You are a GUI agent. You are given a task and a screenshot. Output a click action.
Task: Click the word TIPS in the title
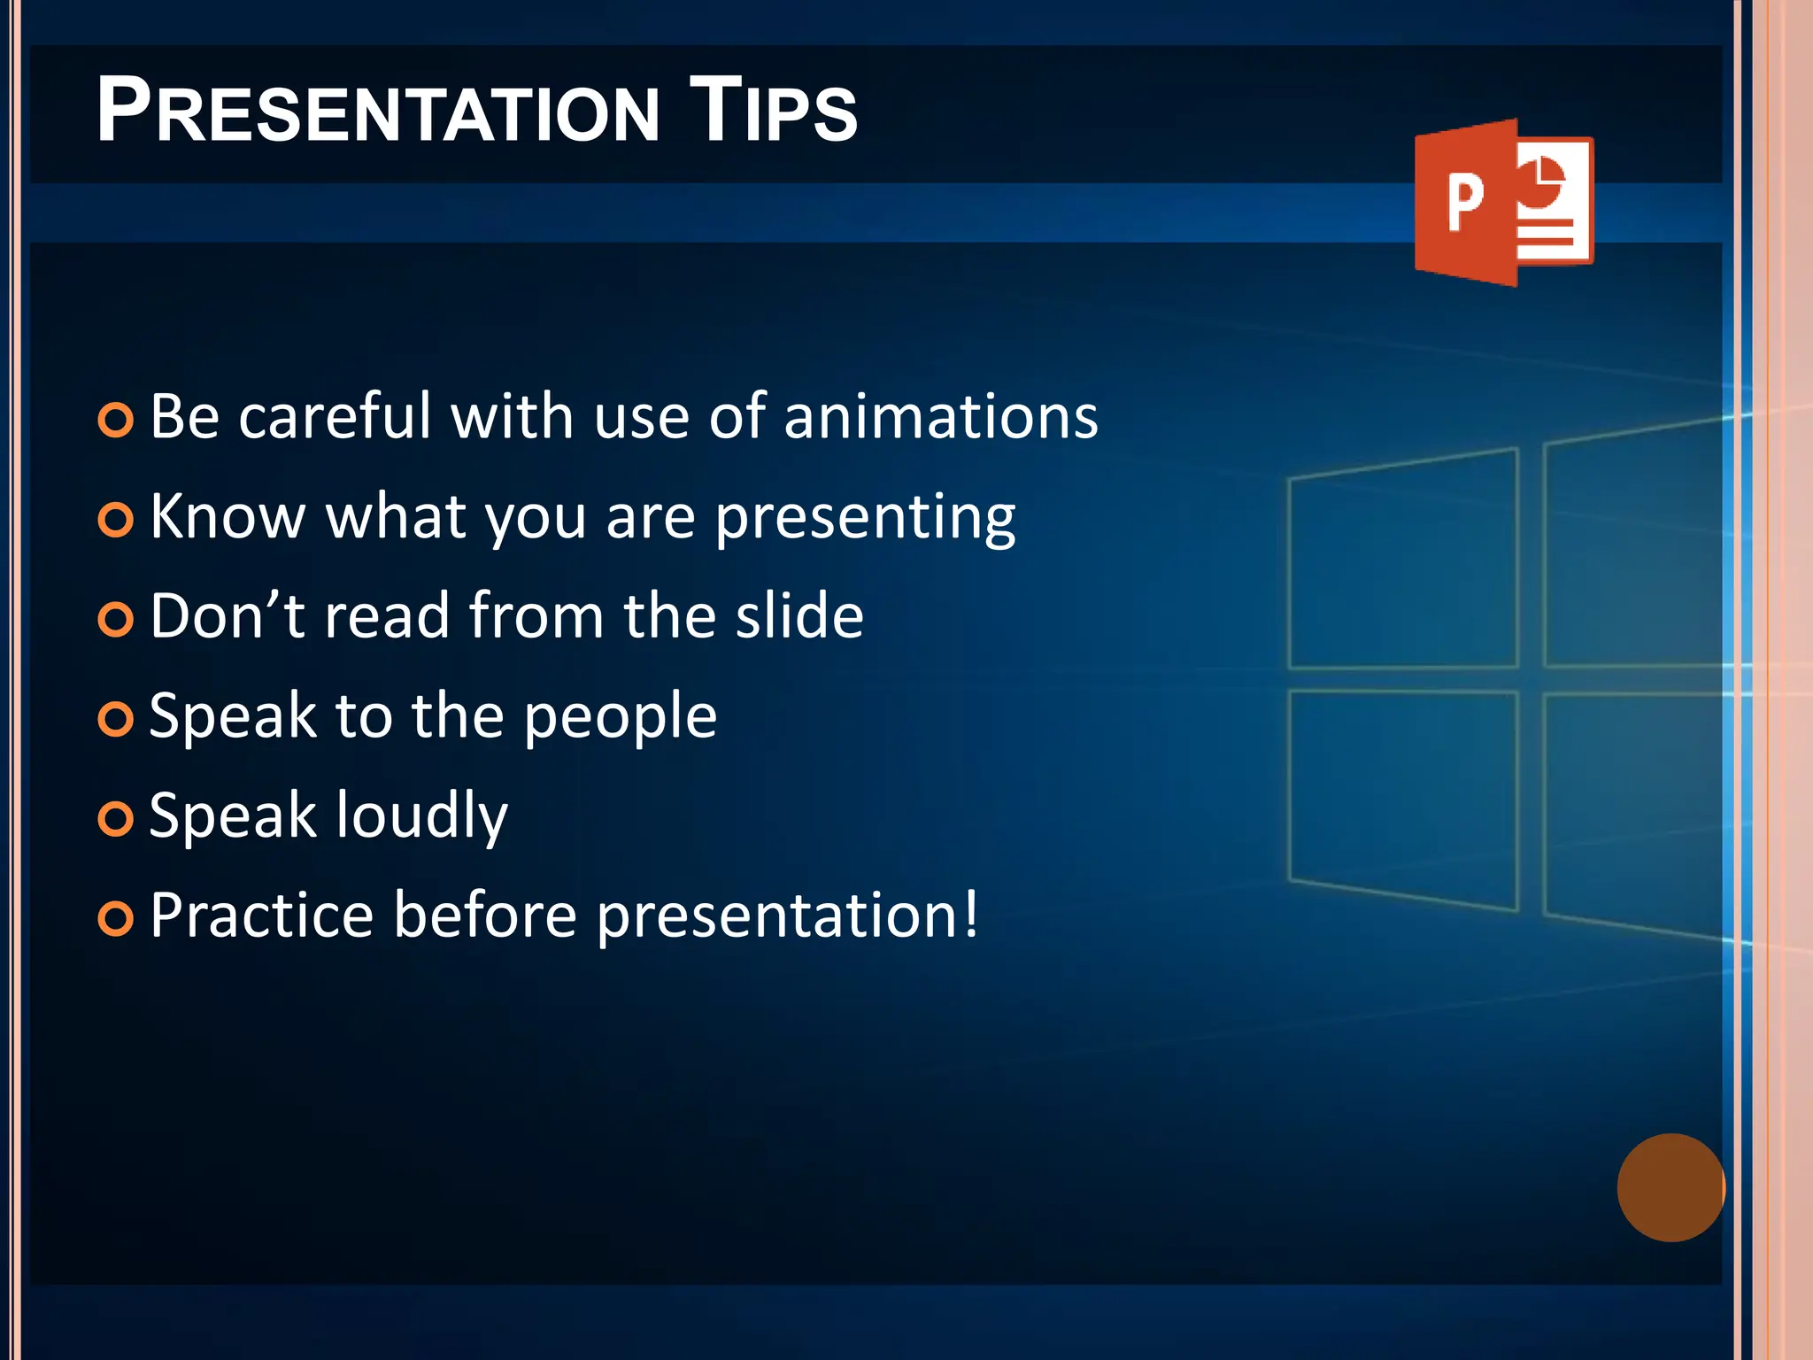pyautogui.click(x=773, y=111)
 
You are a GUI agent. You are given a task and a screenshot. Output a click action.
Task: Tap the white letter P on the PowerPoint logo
pyautogui.click(x=1464, y=203)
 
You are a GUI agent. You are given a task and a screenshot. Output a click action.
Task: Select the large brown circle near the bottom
pyautogui.click(x=1670, y=1187)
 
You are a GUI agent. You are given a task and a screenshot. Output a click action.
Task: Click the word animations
pyautogui.click(x=940, y=416)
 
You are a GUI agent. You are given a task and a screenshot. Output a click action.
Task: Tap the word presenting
pyautogui.click(x=865, y=518)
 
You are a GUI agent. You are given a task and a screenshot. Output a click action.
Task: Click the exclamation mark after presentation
pyautogui.click(x=971, y=914)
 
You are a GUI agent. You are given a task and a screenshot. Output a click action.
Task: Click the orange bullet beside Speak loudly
pyautogui.click(x=116, y=819)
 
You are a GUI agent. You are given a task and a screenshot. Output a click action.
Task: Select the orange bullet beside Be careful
pyautogui.click(x=116, y=420)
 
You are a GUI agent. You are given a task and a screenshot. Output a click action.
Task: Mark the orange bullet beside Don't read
pyautogui.click(x=116, y=620)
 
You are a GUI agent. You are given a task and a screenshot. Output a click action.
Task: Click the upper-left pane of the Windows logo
pyautogui.click(x=1403, y=560)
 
